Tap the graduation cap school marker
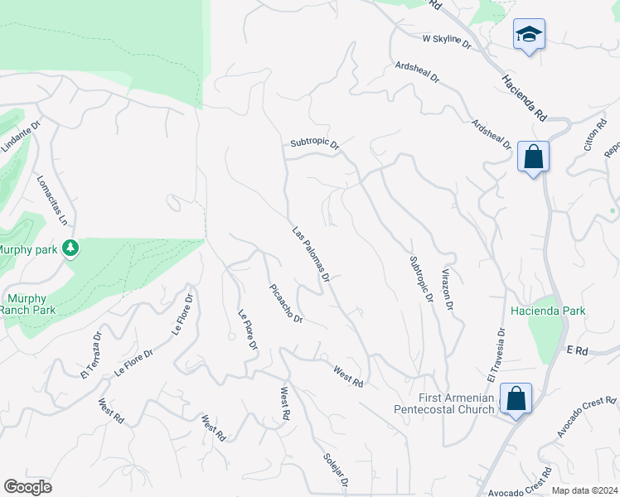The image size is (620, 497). point(529,35)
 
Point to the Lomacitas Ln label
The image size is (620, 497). point(51,200)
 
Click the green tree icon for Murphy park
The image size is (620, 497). point(71,248)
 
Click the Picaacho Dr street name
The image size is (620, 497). point(286,304)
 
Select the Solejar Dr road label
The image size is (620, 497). point(337,469)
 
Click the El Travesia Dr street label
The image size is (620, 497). point(496,355)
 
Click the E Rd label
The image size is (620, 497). point(577,351)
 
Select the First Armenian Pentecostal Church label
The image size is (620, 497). point(457,403)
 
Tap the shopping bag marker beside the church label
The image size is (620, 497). point(516,398)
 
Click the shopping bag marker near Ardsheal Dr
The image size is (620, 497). point(533,156)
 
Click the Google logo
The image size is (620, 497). point(27,487)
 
